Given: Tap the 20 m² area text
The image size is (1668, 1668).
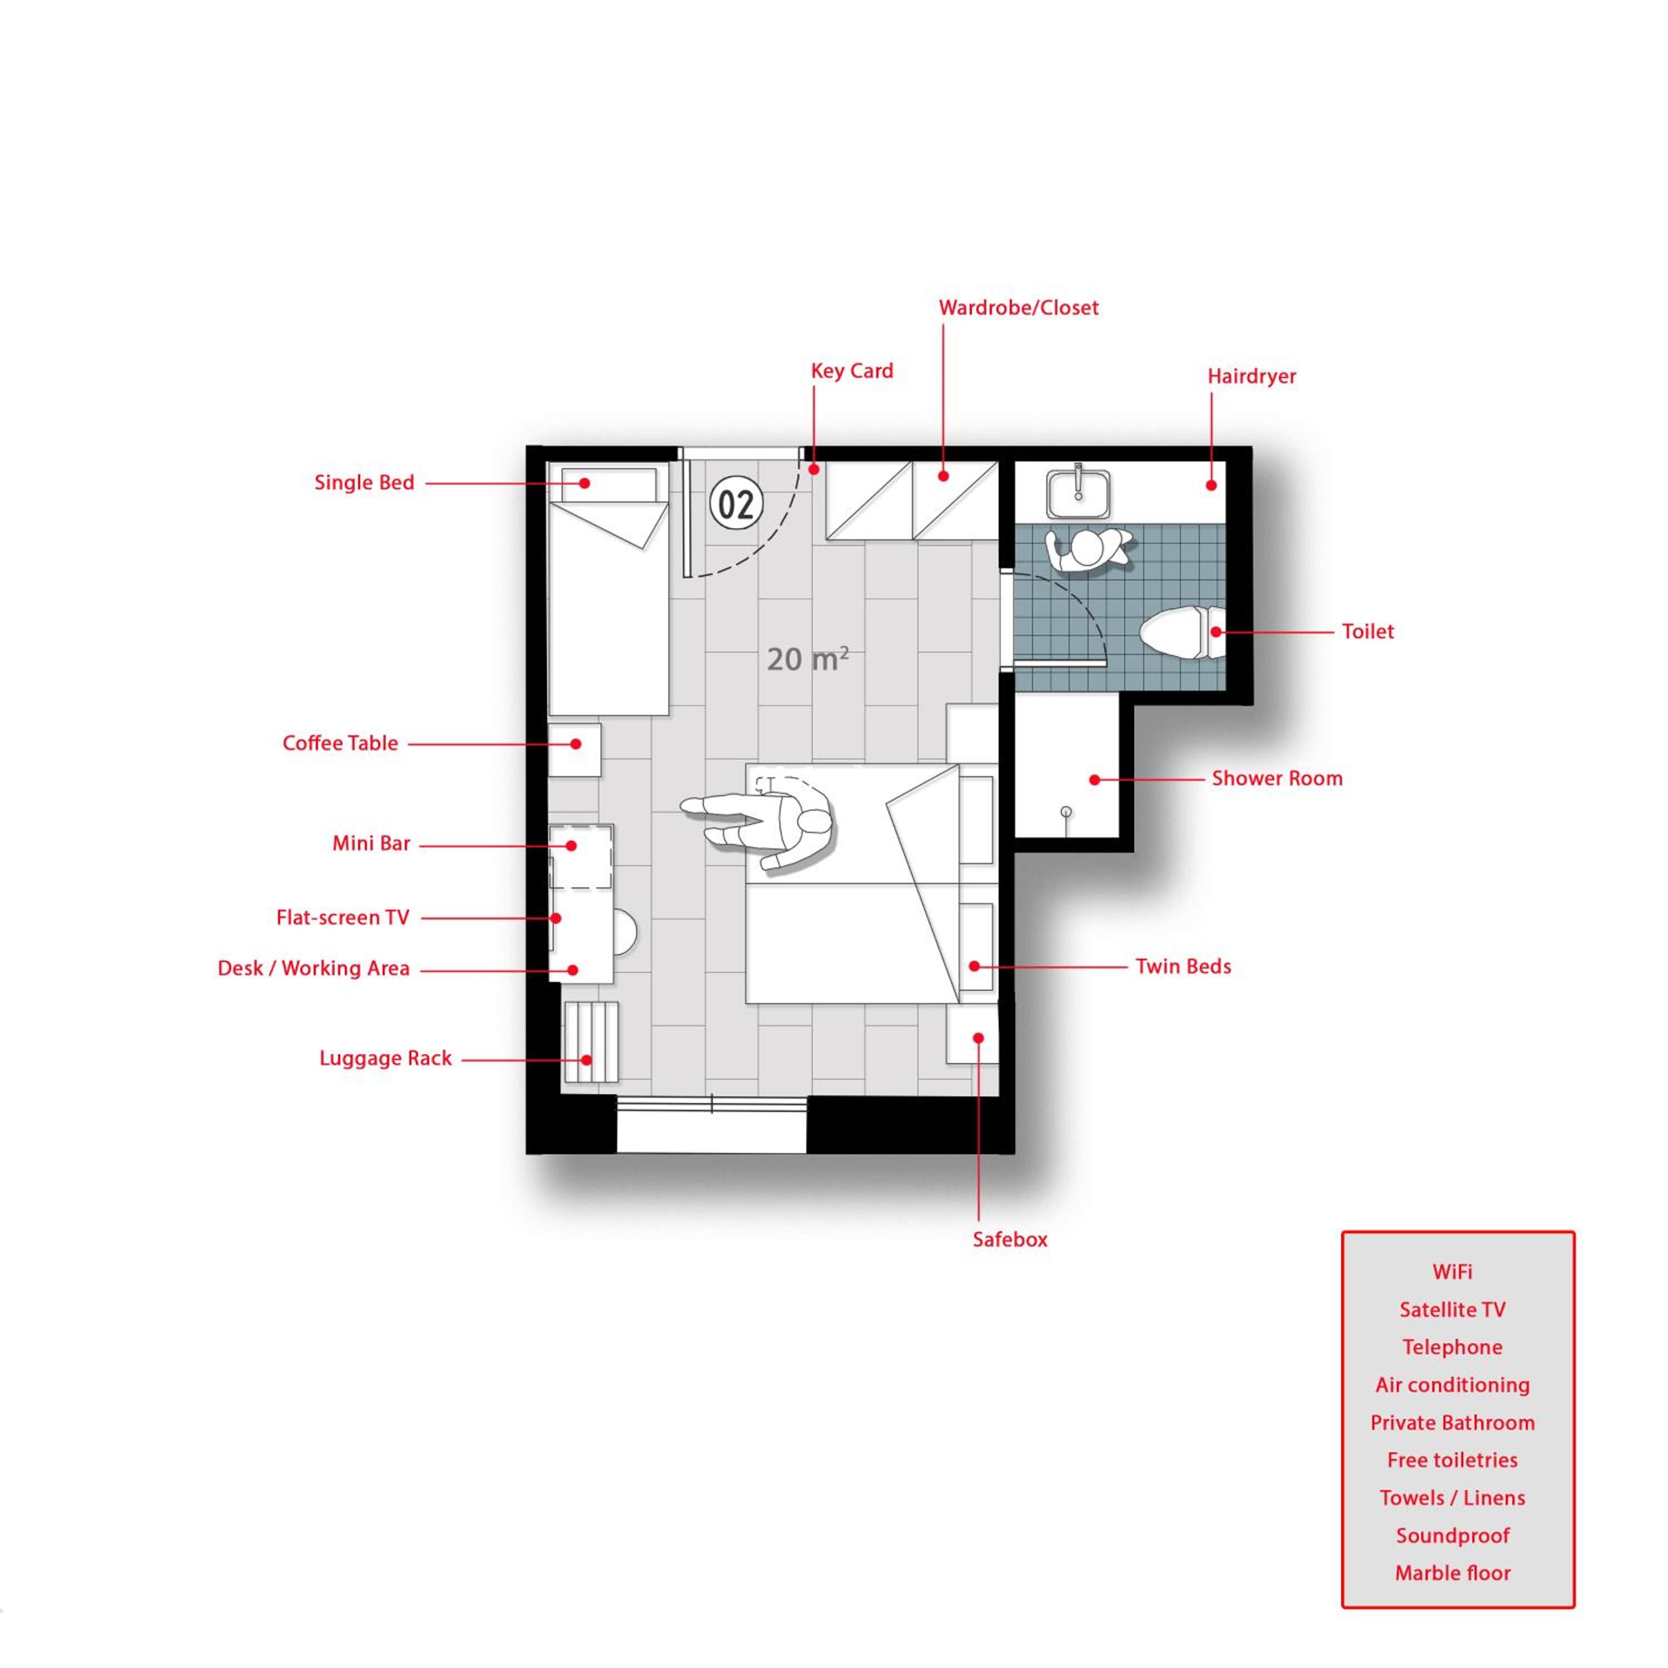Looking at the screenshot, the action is point(807,659).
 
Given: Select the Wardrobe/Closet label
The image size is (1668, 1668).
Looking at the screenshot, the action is point(1018,307).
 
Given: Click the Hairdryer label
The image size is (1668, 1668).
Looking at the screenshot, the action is point(1251,376).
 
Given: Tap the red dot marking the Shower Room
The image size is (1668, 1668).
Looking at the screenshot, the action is point(1094,780).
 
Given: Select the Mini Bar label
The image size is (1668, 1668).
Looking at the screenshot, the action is point(371,843).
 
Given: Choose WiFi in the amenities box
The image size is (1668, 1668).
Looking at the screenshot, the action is point(1452,1272).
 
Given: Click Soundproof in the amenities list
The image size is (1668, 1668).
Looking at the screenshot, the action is point(1452,1535).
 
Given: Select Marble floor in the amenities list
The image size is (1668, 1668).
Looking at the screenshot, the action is point(1452,1573).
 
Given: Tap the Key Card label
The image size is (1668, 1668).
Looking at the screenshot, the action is point(851,371).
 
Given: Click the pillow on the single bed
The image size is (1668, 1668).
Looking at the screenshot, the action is point(609,484).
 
